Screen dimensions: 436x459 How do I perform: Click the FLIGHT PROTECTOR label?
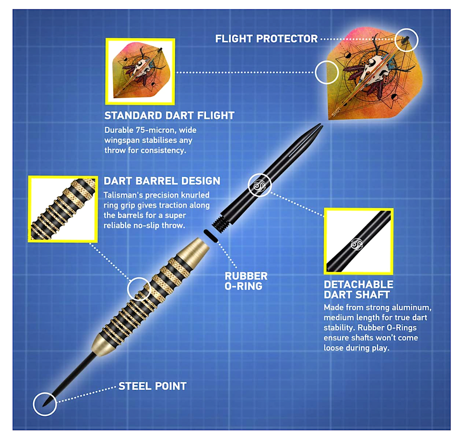pyautogui.click(x=266, y=39)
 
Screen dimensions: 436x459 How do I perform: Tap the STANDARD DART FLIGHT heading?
pyautogui.click(x=169, y=115)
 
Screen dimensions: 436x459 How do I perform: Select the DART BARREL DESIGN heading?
pyautogui.click(x=162, y=181)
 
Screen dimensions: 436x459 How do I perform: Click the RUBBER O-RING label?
pyautogui.click(x=246, y=280)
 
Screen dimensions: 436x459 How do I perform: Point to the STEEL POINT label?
pyautogui.click(x=152, y=386)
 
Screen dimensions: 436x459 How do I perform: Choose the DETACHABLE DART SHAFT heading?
pyautogui.click(x=358, y=289)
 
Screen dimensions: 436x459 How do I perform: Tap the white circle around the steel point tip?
pyautogui.click(x=45, y=404)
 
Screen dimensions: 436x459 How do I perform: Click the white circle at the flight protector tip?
pyautogui.click(x=406, y=40)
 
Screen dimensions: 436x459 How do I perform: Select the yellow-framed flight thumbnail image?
pyautogui.click(x=140, y=71)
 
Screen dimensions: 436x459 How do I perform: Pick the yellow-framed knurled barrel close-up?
pyautogui.click(x=63, y=209)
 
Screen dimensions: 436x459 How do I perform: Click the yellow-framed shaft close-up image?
pyautogui.click(x=358, y=241)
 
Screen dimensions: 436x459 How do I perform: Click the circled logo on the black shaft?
pyautogui.click(x=259, y=185)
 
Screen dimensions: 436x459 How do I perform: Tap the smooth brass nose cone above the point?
pyautogui.click(x=104, y=342)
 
